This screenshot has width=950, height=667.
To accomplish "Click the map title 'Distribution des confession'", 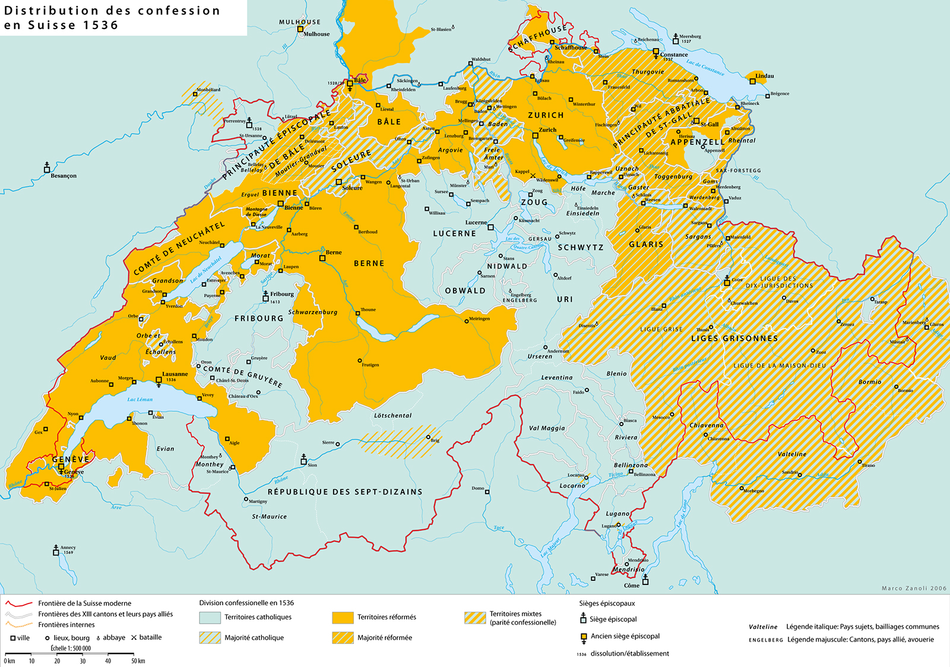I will click(x=112, y=11).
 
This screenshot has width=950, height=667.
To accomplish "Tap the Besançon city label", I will click(x=63, y=176).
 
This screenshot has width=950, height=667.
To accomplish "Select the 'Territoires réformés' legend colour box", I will click(x=343, y=618).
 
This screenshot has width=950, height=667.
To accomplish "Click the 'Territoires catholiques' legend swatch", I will click(x=210, y=618).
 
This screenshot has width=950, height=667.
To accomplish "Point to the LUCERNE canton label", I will click(x=454, y=234).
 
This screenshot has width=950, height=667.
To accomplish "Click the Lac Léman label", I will click(x=140, y=399).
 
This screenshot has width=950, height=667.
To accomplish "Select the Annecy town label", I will click(x=68, y=548).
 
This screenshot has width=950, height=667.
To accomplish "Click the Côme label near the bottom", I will click(x=632, y=585).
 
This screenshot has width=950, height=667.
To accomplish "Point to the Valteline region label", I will click(x=792, y=454).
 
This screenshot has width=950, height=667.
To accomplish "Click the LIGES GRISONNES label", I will click(x=734, y=338).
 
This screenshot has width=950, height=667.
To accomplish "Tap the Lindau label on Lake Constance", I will click(x=765, y=76).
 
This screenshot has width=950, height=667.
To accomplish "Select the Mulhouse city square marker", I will click(x=300, y=34).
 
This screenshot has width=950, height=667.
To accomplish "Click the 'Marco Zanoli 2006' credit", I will click(x=914, y=588).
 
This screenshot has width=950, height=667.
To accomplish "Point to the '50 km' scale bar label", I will click(x=138, y=660).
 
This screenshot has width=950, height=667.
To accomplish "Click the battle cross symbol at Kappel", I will click(x=533, y=176).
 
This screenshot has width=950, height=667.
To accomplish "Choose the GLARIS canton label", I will click(x=646, y=244).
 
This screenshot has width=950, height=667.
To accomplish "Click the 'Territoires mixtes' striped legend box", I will click(x=475, y=618).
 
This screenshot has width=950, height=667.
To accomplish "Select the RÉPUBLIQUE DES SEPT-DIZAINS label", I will click(x=345, y=492).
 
